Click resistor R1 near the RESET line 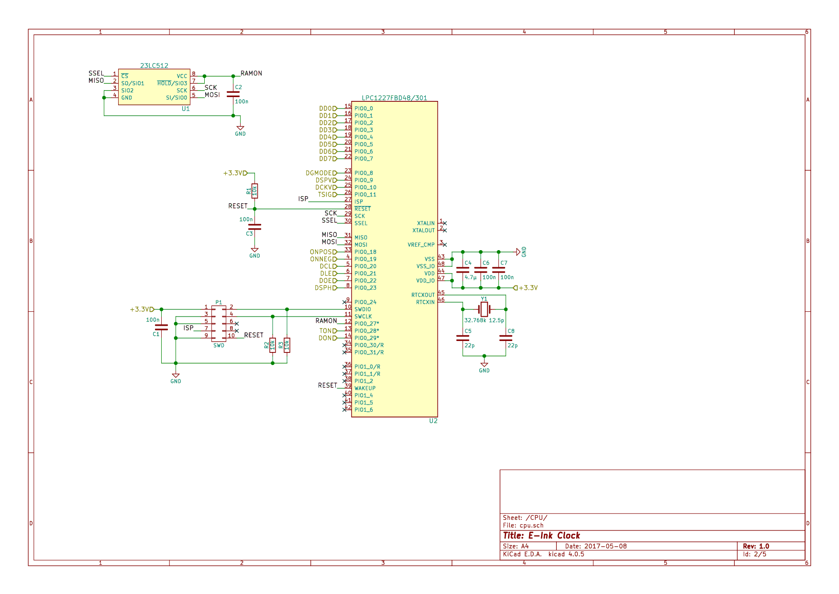(254, 191)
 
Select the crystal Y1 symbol (484, 309)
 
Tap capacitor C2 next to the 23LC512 (233, 94)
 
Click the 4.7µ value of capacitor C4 (471, 277)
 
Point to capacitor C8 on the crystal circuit (506, 338)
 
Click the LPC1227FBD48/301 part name (394, 98)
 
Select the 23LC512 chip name (154, 66)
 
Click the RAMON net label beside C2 (251, 73)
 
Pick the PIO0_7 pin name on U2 (364, 159)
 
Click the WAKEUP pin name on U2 (365, 388)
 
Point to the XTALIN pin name (426, 223)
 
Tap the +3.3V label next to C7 (528, 288)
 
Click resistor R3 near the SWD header (287, 345)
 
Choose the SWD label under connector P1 (219, 345)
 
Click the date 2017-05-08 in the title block (605, 546)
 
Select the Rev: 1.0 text (756, 546)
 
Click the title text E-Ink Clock (554, 536)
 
